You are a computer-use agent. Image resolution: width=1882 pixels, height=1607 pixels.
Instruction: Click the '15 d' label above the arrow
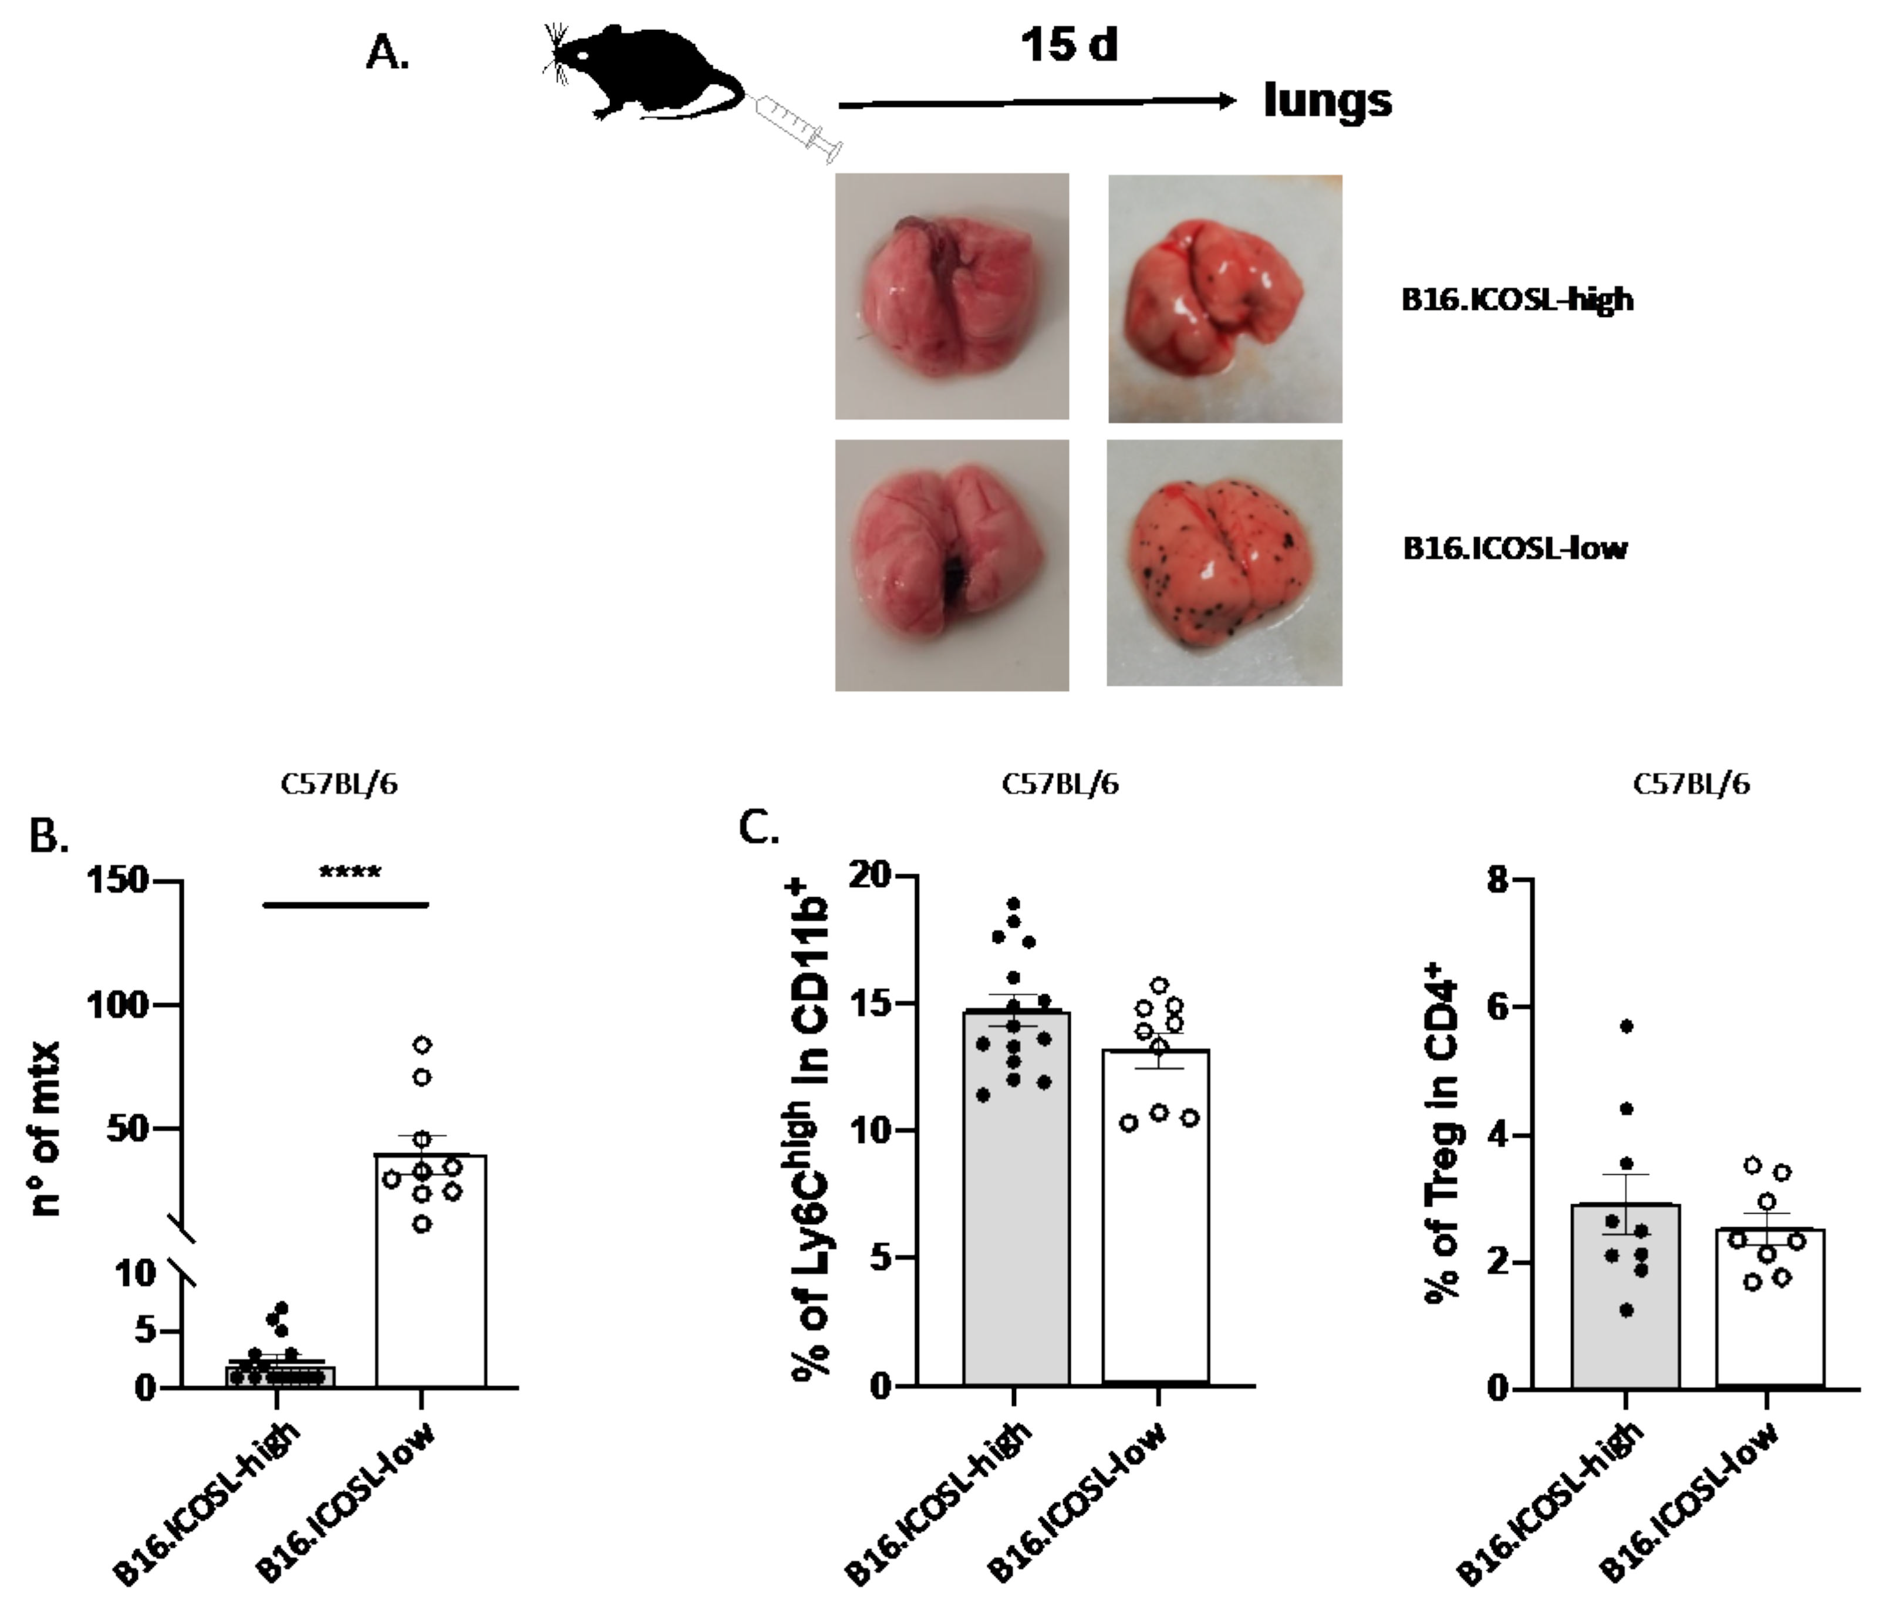click(1068, 45)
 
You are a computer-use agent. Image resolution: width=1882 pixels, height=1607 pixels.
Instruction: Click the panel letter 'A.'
click(388, 55)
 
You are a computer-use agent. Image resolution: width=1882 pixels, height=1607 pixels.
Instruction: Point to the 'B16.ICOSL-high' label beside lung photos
click(1517, 300)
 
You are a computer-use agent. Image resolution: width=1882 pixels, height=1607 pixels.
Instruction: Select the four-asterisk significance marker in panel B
click(350, 874)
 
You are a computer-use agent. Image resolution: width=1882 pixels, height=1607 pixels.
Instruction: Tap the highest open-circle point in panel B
click(422, 1045)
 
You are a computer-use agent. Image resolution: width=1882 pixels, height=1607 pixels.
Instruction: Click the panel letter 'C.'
click(760, 828)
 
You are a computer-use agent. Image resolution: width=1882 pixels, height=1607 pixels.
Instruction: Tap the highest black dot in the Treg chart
click(1627, 1026)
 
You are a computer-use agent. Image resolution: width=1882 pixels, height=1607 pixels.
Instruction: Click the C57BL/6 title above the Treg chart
click(1691, 784)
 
